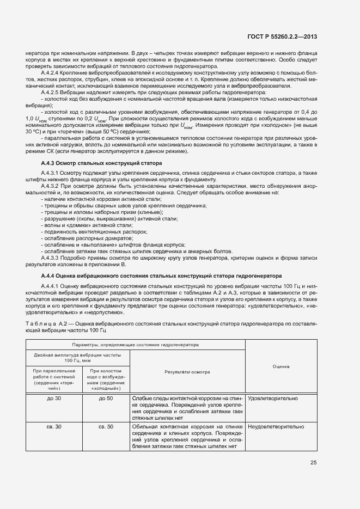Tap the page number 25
pyautogui.click(x=313, y=463)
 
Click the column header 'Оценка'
pyautogui.click(x=280, y=367)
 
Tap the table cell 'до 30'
pyautogui.click(x=54, y=398)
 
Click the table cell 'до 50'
pyautogui.click(x=106, y=398)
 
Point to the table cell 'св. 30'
pyautogui.click(x=54, y=427)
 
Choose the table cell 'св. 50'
pyautogui.click(x=106, y=427)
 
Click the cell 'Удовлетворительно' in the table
pyautogui.click(x=272, y=398)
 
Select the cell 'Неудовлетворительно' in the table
pyautogui.click(x=276, y=427)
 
